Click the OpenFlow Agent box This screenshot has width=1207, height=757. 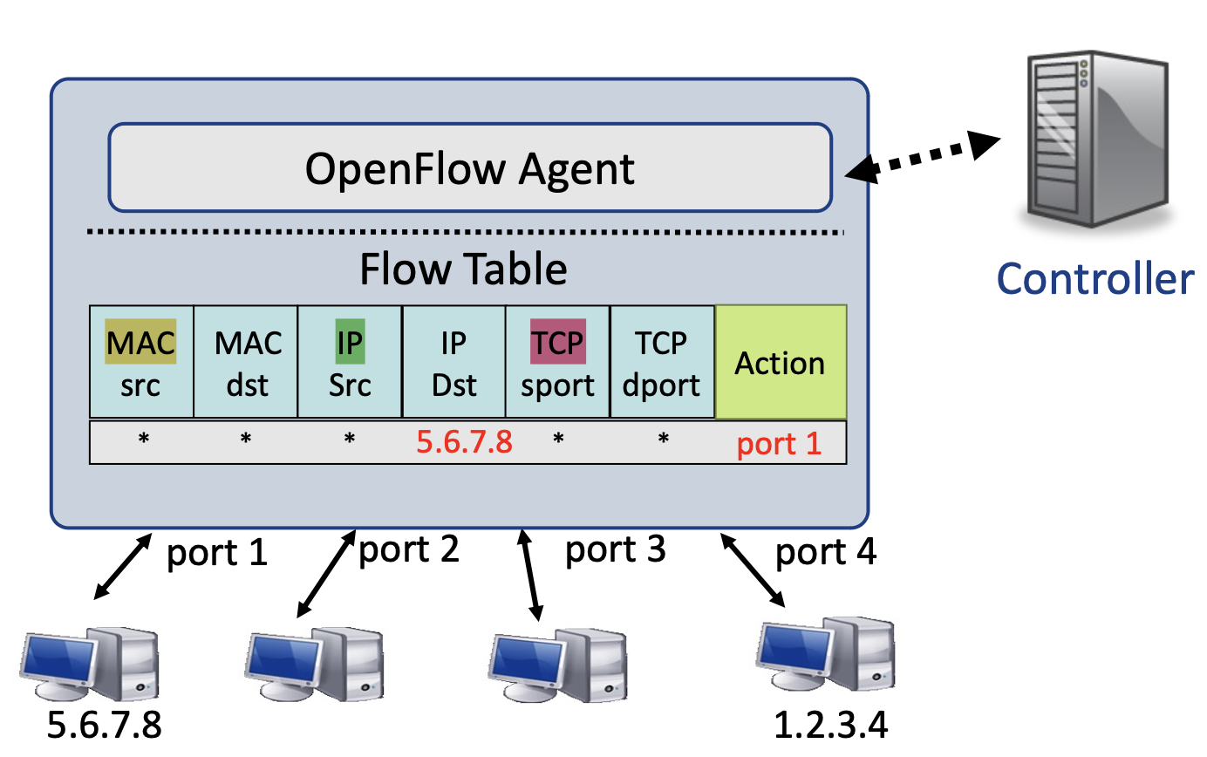[469, 167]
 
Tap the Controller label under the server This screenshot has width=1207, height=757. [1094, 278]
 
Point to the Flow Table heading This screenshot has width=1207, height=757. [463, 270]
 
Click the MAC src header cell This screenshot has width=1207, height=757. [141, 362]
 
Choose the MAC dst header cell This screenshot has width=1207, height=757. [246, 362]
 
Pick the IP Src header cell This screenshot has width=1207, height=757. [350, 362]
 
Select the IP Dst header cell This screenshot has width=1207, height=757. [453, 362]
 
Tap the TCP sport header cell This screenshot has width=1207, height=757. [558, 362]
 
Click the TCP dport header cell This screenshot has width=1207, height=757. [662, 362]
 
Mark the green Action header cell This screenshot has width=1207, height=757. [781, 362]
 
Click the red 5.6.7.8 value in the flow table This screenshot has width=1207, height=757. [463, 442]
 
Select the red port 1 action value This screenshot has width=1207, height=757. [779, 444]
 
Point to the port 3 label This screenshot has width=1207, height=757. [615, 549]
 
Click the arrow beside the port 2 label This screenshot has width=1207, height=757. [325, 574]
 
